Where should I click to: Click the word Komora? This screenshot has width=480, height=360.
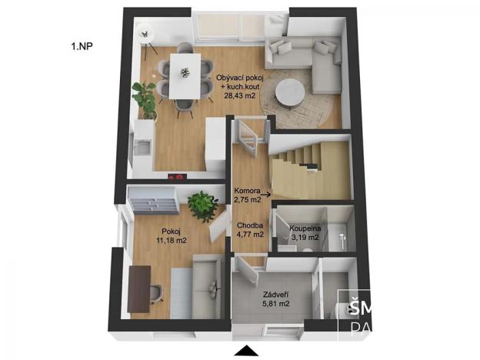[x=250, y=192]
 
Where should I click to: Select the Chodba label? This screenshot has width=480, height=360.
[x=250, y=226]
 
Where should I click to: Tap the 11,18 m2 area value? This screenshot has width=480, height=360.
[x=172, y=241]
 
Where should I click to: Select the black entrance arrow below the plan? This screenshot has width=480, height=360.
[x=246, y=352]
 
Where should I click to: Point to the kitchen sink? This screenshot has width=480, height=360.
[x=142, y=145]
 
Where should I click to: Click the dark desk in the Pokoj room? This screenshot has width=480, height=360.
[x=138, y=288]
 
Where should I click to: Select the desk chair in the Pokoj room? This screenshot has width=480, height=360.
[x=157, y=291]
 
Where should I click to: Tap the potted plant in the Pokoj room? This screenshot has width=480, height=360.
[x=202, y=205]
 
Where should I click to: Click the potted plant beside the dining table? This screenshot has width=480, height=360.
[x=144, y=97]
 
